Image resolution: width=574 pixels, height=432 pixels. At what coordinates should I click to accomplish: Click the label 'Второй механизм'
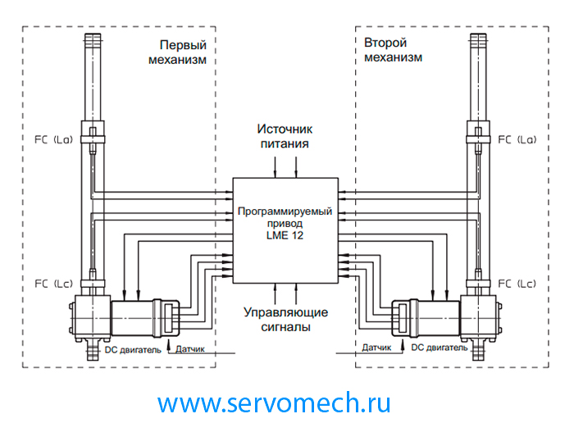click(x=394, y=50)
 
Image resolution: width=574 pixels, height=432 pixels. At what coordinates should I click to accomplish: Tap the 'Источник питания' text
click(x=285, y=136)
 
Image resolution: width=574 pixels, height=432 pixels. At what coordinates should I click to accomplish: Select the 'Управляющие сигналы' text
click(x=285, y=320)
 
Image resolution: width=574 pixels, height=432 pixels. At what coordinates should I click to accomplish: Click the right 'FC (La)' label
click(x=517, y=139)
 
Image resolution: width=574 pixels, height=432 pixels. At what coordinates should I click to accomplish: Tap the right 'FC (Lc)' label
click(x=517, y=284)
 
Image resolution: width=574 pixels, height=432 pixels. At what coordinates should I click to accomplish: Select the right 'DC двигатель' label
click(x=440, y=348)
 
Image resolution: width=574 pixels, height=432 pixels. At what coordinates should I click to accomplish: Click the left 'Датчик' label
click(x=190, y=348)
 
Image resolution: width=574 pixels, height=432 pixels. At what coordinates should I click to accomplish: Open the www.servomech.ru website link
click(x=274, y=402)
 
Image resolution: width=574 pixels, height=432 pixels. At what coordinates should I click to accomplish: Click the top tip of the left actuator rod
click(x=91, y=35)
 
